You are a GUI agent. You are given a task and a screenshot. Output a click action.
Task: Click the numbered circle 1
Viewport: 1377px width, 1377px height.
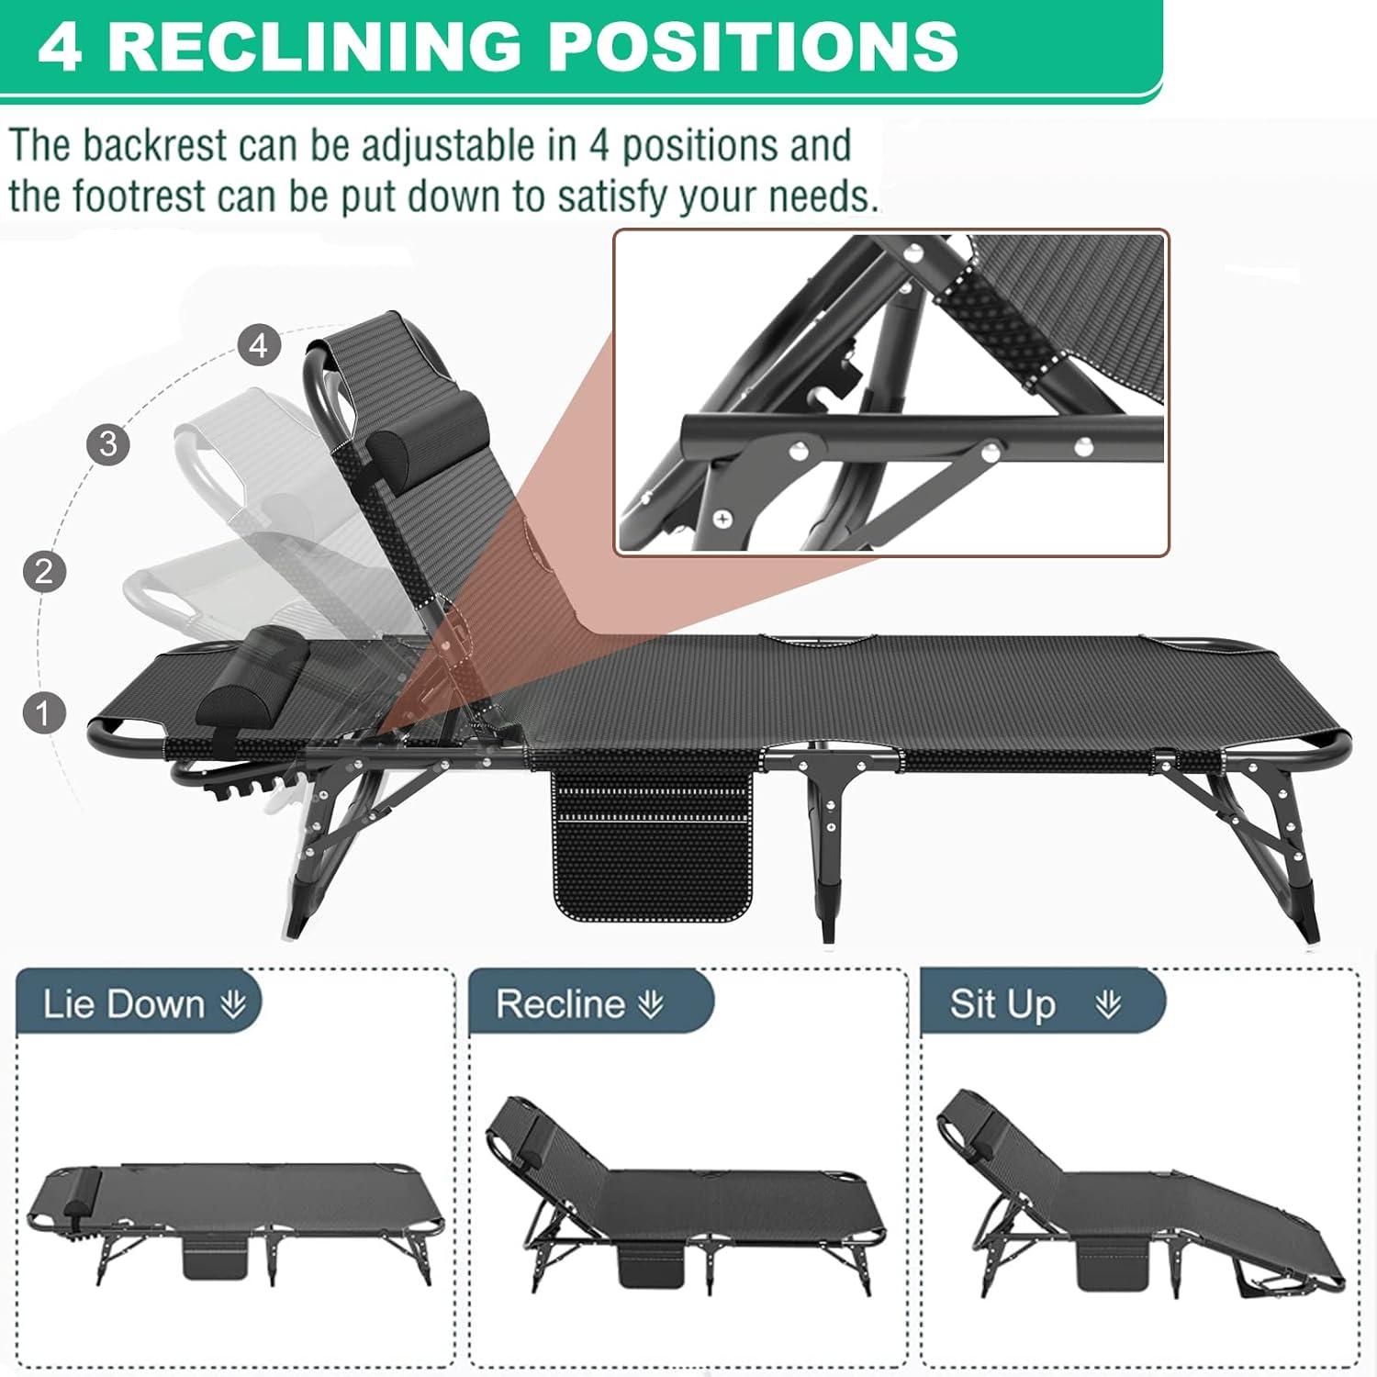(x=43, y=712)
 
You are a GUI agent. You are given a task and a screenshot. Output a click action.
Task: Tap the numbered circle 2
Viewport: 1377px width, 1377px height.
(x=44, y=571)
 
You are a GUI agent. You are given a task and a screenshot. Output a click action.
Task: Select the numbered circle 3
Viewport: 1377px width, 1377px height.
(x=108, y=444)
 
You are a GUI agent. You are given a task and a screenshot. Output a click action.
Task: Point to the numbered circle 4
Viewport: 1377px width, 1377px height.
(x=259, y=345)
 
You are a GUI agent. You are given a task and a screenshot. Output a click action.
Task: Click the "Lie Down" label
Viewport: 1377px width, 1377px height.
(x=124, y=1004)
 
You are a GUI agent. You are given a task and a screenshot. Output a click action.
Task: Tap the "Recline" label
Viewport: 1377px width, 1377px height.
(x=560, y=1004)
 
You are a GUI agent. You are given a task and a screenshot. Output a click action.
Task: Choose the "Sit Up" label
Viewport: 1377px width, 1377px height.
(x=1002, y=1004)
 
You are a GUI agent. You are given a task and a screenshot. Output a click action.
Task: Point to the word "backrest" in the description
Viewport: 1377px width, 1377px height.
(x=154, y=147)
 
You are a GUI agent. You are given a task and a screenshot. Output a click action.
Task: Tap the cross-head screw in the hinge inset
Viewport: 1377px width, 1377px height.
(x=723, y=521)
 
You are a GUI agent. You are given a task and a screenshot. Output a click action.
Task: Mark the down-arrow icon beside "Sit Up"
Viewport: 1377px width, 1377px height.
(x=1108, y=1005)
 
